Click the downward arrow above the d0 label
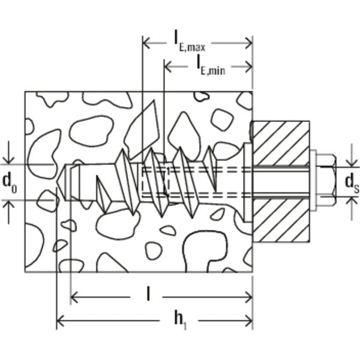[x=8, y=158]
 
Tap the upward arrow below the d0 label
[x=8, y=207]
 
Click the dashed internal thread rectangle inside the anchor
[x=157, y=180]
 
